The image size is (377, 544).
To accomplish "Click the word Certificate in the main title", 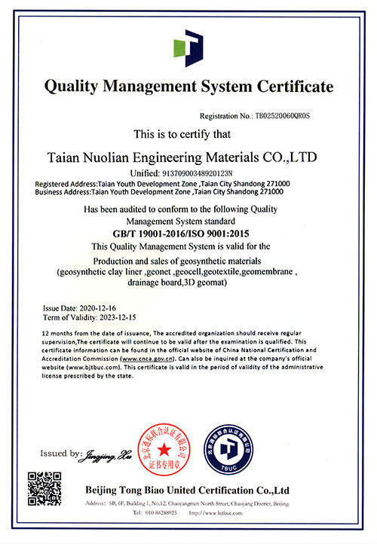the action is (x=291, y=87).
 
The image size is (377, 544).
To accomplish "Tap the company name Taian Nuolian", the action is (x=105, y=157).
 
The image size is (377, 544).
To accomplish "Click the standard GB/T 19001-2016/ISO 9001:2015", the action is (x=188, y=234).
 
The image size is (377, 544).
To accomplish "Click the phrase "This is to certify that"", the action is (x=188, y=134).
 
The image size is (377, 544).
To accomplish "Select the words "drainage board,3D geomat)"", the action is (x=188, y=282).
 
